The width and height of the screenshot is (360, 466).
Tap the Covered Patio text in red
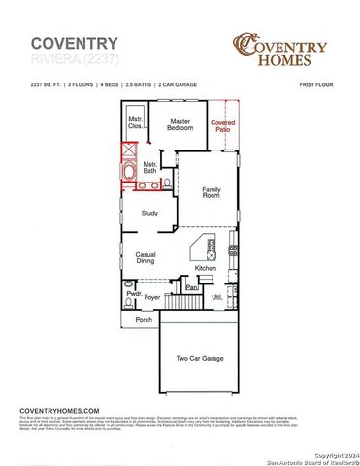tap(222, 126)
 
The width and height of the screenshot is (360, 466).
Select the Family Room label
tap(212, 193)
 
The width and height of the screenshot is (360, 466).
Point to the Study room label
tap(149, 213)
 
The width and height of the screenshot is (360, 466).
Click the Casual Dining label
tap(145, 257)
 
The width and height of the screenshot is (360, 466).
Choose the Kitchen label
tap(206, 268)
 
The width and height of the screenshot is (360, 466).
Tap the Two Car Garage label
tap(199, 358)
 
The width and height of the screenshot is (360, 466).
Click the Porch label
tap(144, 319)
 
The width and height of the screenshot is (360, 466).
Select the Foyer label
tap(152, 286)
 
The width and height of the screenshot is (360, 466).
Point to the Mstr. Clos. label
tap(135, 123)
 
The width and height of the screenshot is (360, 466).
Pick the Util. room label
tap(217, 297)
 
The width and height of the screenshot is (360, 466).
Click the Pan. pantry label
tap(192, 287)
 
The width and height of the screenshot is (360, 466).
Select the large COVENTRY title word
tap(75, 43)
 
